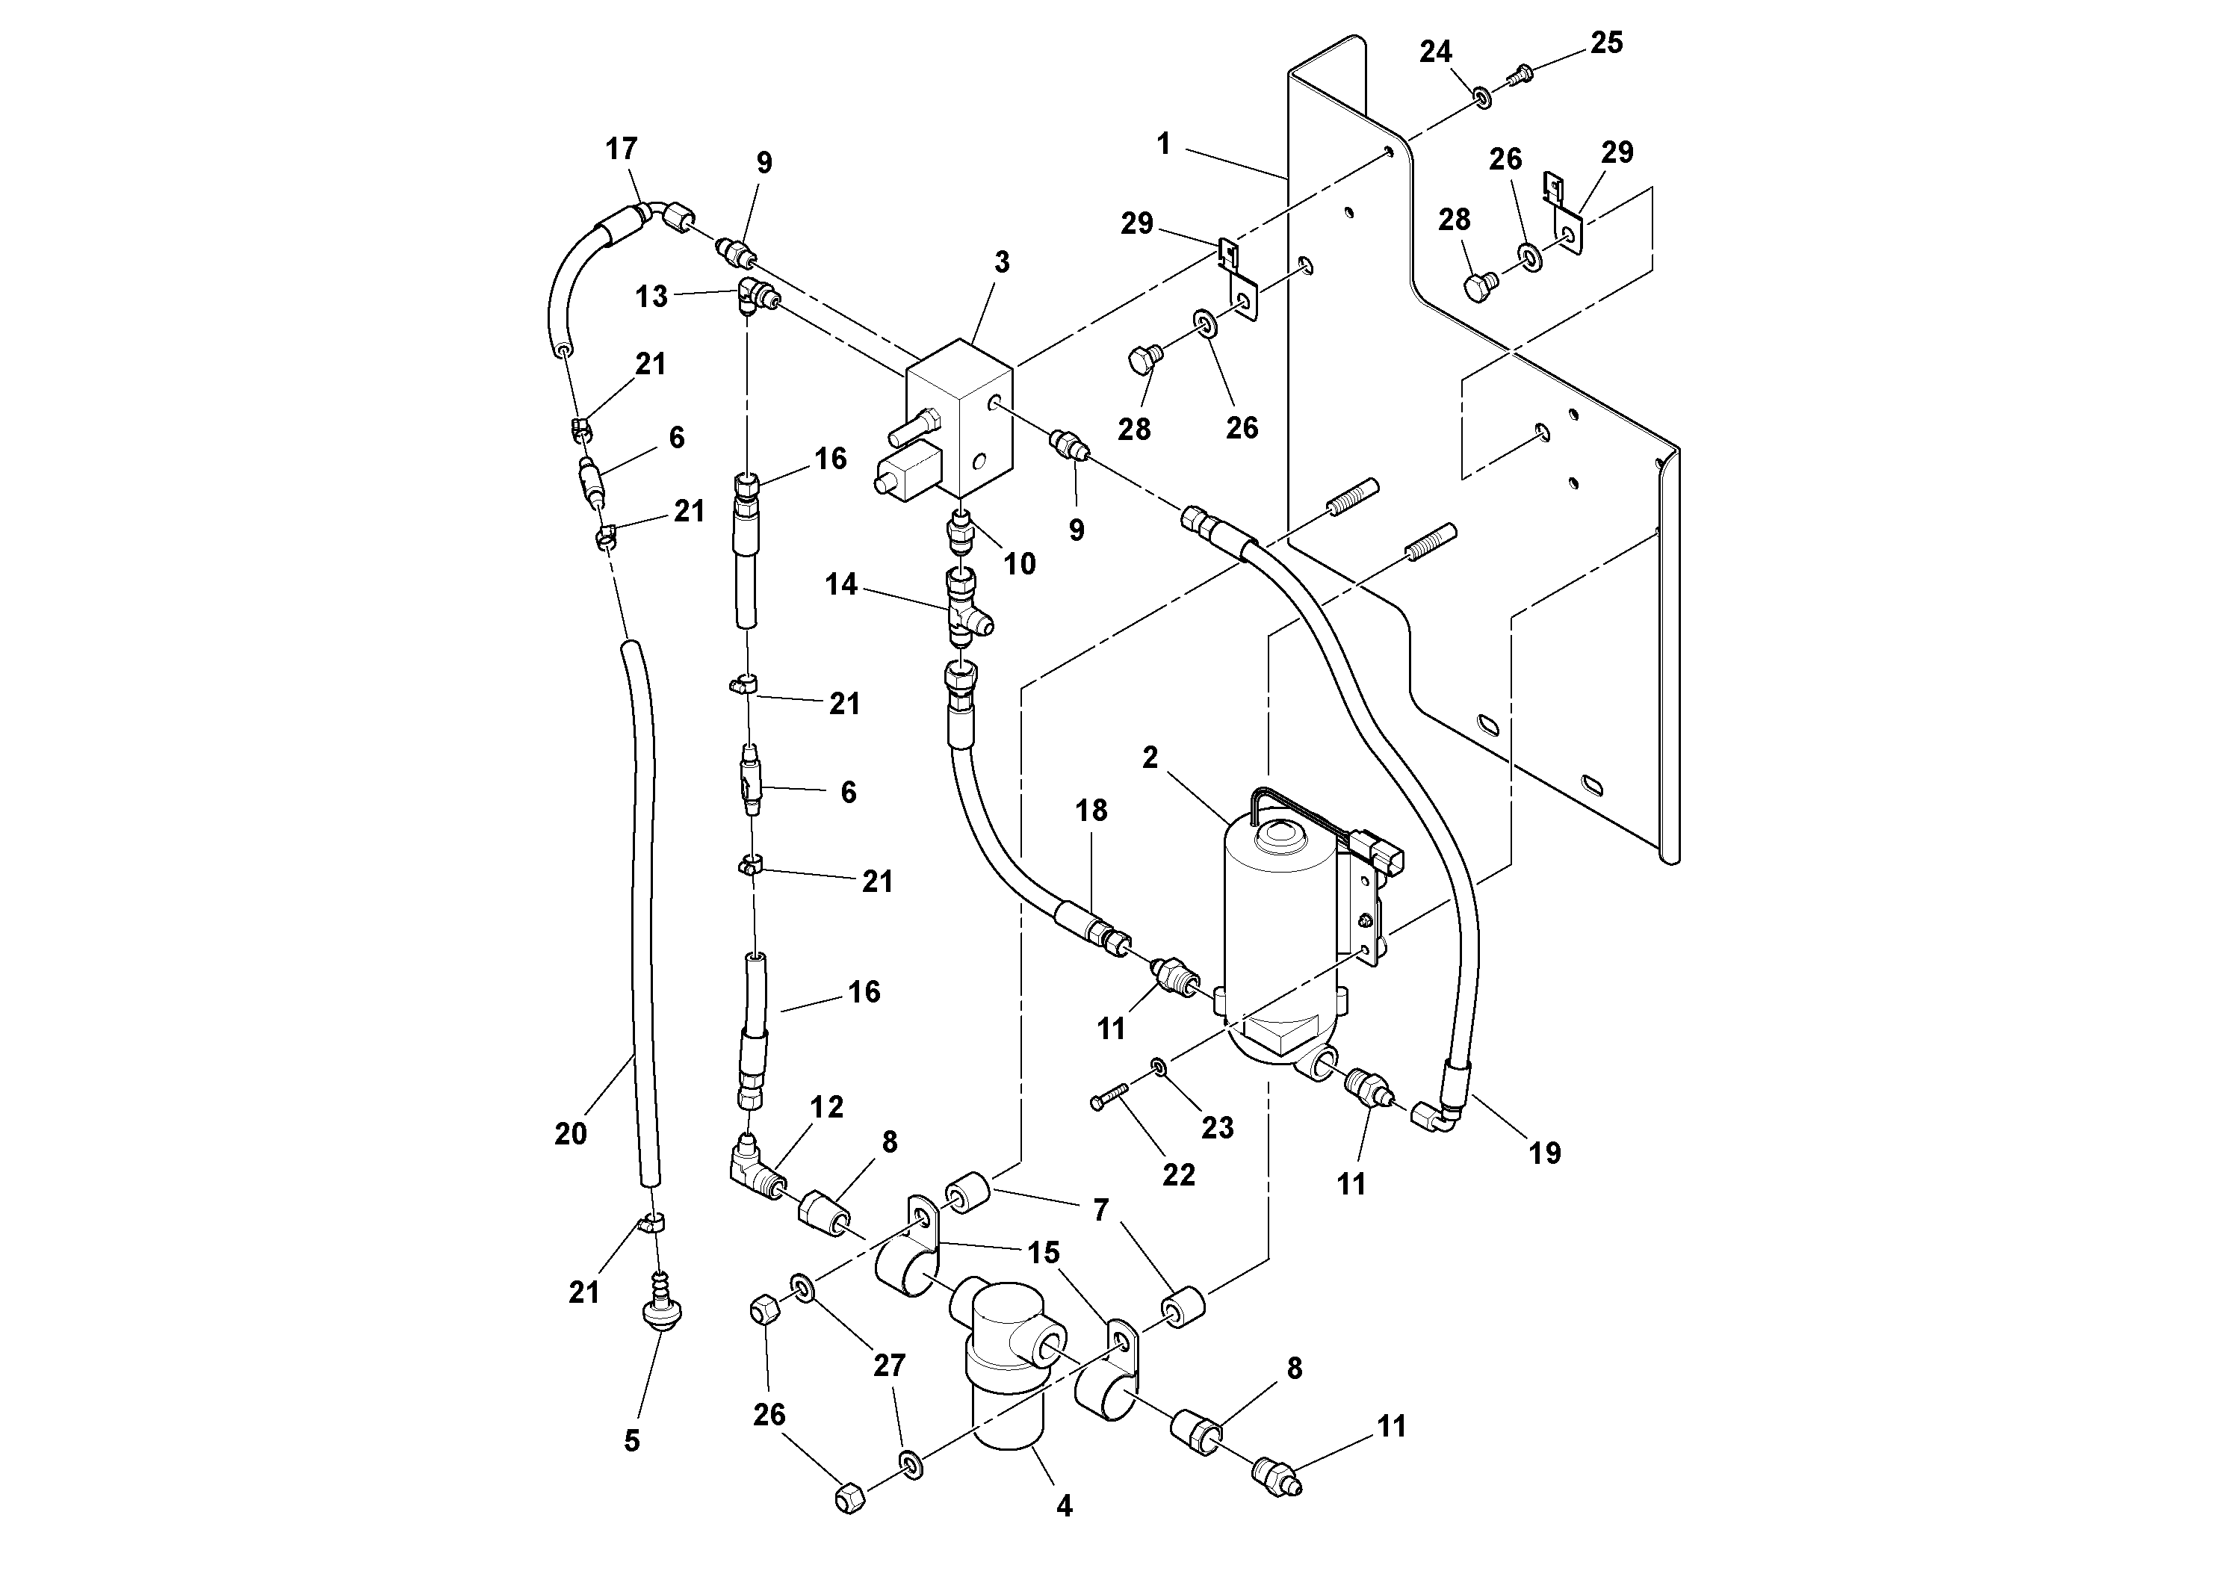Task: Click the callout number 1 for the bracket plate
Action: tap(1163, 144)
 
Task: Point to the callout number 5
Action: tap(631, 1441)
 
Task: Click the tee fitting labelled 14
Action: tap(964, 611)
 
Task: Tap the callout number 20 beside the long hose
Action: tap(571, 1133)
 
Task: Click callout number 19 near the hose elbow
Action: tap(1544, 1153)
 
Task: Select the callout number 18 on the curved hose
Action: tap(1091, 810)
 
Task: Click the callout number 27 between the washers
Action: tap(888, 1365)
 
